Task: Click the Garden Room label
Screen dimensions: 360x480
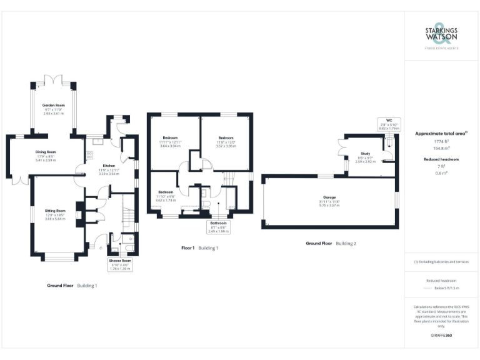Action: pos(54,105)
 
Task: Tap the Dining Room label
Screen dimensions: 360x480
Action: pos(46,152)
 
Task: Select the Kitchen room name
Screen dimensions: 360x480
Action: pos(110,166)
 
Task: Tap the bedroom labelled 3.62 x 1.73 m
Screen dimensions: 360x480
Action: pos(166,192)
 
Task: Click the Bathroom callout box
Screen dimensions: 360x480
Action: pos(218,226)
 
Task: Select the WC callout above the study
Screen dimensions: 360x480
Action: pos(388,122)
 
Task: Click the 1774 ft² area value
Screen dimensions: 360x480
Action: pos(441,142)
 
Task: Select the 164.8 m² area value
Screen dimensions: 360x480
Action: pos(441,149)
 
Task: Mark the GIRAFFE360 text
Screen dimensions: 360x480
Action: pos(441,336)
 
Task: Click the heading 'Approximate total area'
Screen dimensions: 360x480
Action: pos(440,133)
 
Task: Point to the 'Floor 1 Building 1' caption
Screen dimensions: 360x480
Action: pos(199,248)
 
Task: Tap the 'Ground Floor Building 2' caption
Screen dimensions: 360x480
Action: pos(331,242)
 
